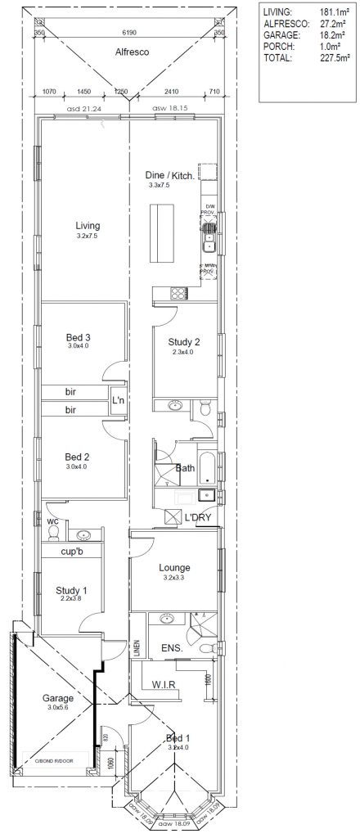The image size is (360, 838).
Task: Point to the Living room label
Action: click(87, 225)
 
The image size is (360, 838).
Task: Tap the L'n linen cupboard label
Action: click(118, 400)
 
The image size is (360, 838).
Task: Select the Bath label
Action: click(185, 469)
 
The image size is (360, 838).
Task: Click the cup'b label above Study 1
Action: click(74, 552)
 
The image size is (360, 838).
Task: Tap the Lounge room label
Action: click(175, 567)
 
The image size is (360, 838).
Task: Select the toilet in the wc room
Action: click(54, 534)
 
